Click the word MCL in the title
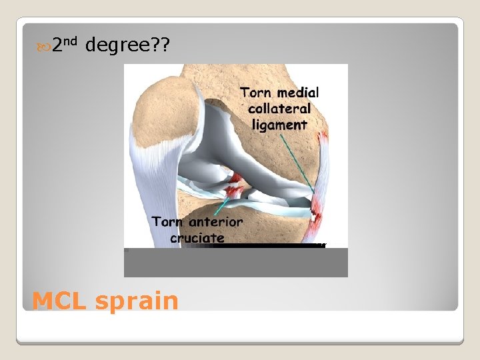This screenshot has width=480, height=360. (x=59, y=301)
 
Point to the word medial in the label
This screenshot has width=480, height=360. (x=298, y=93)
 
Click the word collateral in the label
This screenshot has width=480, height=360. (x=279, y=109)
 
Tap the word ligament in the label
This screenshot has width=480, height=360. (x=279, y=125)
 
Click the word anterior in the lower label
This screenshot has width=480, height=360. (x=215, y=222)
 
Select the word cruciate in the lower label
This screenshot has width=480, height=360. (x=197, y=237)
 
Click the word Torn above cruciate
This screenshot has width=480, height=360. (x=167, y=222)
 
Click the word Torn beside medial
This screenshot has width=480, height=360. (x=257, y=93)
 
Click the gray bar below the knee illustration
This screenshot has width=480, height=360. (x=235, y=263)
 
